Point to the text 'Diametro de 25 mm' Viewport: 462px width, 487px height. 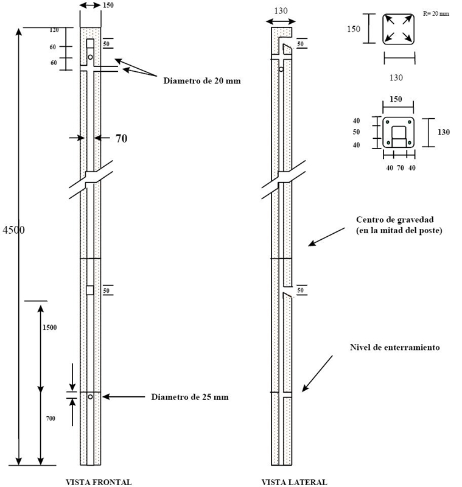[190, 397]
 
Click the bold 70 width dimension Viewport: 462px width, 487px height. [121, 139]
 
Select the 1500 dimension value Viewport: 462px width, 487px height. [50, 328]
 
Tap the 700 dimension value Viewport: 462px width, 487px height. [50, 419]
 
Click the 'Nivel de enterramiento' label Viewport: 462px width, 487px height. [394, 347]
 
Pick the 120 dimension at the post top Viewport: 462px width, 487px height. [54, 30]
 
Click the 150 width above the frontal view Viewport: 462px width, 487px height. [109, 5]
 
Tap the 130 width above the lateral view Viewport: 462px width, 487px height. [281, 10]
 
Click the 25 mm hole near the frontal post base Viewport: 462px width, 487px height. [90, 397]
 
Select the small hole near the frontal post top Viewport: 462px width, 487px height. [90, 57]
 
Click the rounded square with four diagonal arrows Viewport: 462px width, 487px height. [399, 29]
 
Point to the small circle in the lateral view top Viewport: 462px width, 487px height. [281, 69]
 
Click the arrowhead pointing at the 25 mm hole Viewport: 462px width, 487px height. [106, 397]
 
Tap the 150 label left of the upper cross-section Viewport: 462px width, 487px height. [354, 29]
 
